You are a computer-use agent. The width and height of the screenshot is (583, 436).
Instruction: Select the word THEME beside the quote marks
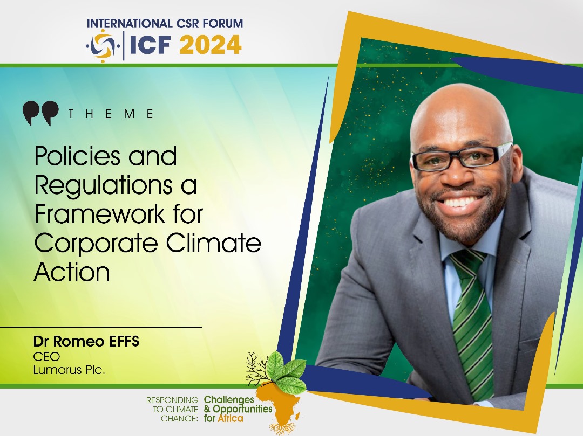click(x=111, y=114)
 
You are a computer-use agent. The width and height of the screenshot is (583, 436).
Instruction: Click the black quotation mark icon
click(x=40, y=113)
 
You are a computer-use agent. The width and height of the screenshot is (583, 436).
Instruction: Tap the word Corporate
click(x=96, y=244)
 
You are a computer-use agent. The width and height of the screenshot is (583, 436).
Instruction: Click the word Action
click(x=72, y=272)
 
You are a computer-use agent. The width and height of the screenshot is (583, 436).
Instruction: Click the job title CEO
click(x=46, y=356)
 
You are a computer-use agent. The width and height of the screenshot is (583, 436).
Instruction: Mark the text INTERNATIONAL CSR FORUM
click(x=165, y=24)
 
